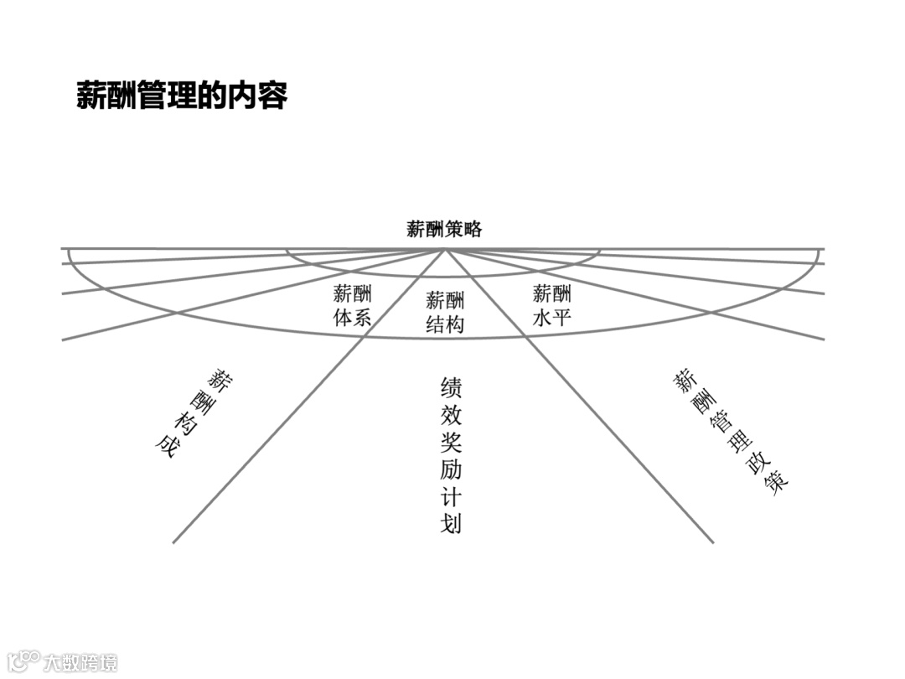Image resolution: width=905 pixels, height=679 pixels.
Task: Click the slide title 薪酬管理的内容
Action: (182, 96)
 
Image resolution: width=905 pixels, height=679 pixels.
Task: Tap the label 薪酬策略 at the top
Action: (444, 229)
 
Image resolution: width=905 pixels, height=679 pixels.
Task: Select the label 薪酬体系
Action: (353, 305)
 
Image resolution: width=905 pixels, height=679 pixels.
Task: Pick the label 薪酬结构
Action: (445, 313)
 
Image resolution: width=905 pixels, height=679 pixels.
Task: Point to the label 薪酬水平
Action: (552, 305)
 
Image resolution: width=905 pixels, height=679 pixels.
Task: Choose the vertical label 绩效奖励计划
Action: (451, 454)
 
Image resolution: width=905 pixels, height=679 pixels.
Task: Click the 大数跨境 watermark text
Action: (80, 661)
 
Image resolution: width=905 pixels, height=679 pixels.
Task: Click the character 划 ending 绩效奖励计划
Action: (451, 523)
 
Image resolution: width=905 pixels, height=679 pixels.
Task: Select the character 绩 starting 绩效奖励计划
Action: (451, 387)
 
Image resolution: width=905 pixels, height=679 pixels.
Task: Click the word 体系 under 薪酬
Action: (353, 318)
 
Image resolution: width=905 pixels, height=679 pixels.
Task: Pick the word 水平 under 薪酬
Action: (552, 318)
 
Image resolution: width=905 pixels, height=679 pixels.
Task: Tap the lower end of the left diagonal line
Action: (174, 542)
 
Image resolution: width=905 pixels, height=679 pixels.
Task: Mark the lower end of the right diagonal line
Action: (712, 542)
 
